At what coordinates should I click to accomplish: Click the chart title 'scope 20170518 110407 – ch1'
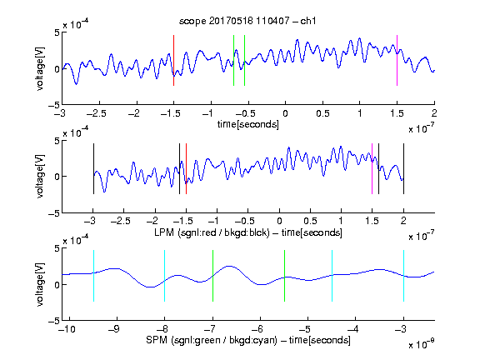tap(247, 21)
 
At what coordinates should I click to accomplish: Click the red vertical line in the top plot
tap(173, 60)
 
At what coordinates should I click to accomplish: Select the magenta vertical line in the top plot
tap(397, 60)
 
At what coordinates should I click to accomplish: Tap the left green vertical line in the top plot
tap(233, 60)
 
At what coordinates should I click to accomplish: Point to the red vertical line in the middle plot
tap(186, 168)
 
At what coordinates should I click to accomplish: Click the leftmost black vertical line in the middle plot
tap(93, 168)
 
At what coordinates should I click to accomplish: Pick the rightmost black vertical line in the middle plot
tap(403, 168)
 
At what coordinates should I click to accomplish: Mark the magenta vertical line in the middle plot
tap(372, 168)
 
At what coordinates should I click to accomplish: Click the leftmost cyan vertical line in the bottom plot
tap(93, 276)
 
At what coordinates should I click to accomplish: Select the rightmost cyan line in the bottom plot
tap(403, 276)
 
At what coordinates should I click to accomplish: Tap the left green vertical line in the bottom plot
tap(212, 276)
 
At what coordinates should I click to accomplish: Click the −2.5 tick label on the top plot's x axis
tap(97, 113)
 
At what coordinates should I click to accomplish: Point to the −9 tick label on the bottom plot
tap(114, 329)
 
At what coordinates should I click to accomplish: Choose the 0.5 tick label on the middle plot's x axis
tap(310, 221)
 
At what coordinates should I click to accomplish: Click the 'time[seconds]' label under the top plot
tap(248, 124)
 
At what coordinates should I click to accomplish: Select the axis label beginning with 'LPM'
tap(248, 232)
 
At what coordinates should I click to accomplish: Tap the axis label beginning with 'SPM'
tap(248, 340)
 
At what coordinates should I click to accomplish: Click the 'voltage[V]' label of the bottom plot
tap(40, 284)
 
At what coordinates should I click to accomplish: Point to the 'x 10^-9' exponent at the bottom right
tap(421, 344)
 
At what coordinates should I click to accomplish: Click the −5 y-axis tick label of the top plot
tap(54, 105)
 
